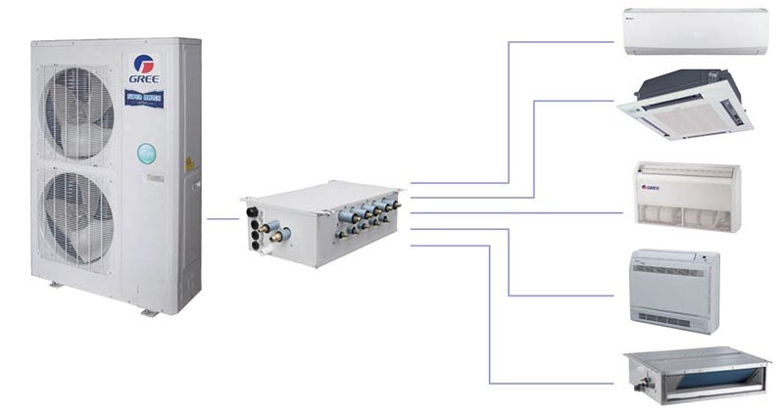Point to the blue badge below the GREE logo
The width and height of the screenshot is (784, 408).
click(x=144, y=98)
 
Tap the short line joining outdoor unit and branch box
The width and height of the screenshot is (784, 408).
click(x=223, y=218)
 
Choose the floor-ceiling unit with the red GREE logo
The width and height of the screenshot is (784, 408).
click(x=687, y=196)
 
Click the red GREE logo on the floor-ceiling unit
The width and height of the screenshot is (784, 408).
click(x=651, y=188)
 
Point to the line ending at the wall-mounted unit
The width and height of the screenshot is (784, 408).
click(x=559, y=42)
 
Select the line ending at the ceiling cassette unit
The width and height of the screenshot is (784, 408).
click(x=578, y=101)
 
